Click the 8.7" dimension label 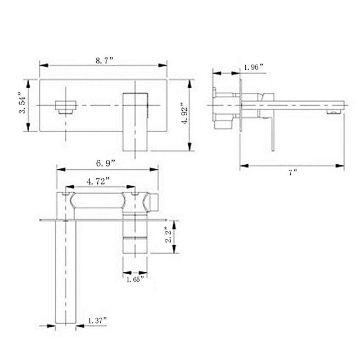(104, 58)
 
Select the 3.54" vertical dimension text (22, 103)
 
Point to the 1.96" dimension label (254, 67)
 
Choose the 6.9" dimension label (106, 163)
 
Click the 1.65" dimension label (135, 278)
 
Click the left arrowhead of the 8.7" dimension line (42, 65)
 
